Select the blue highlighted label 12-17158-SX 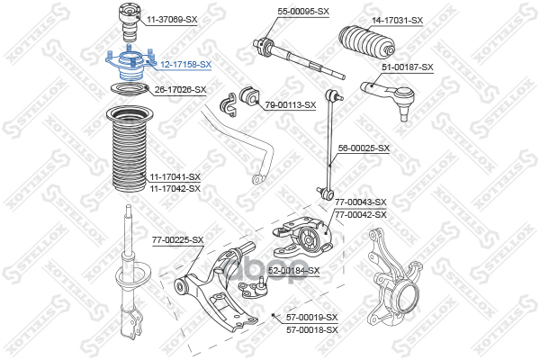(185, 65)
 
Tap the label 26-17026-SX (180, 89)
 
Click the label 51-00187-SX (408, 67)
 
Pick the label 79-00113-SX (291, 105)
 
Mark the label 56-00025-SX (364, 148)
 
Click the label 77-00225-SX (177, 239)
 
